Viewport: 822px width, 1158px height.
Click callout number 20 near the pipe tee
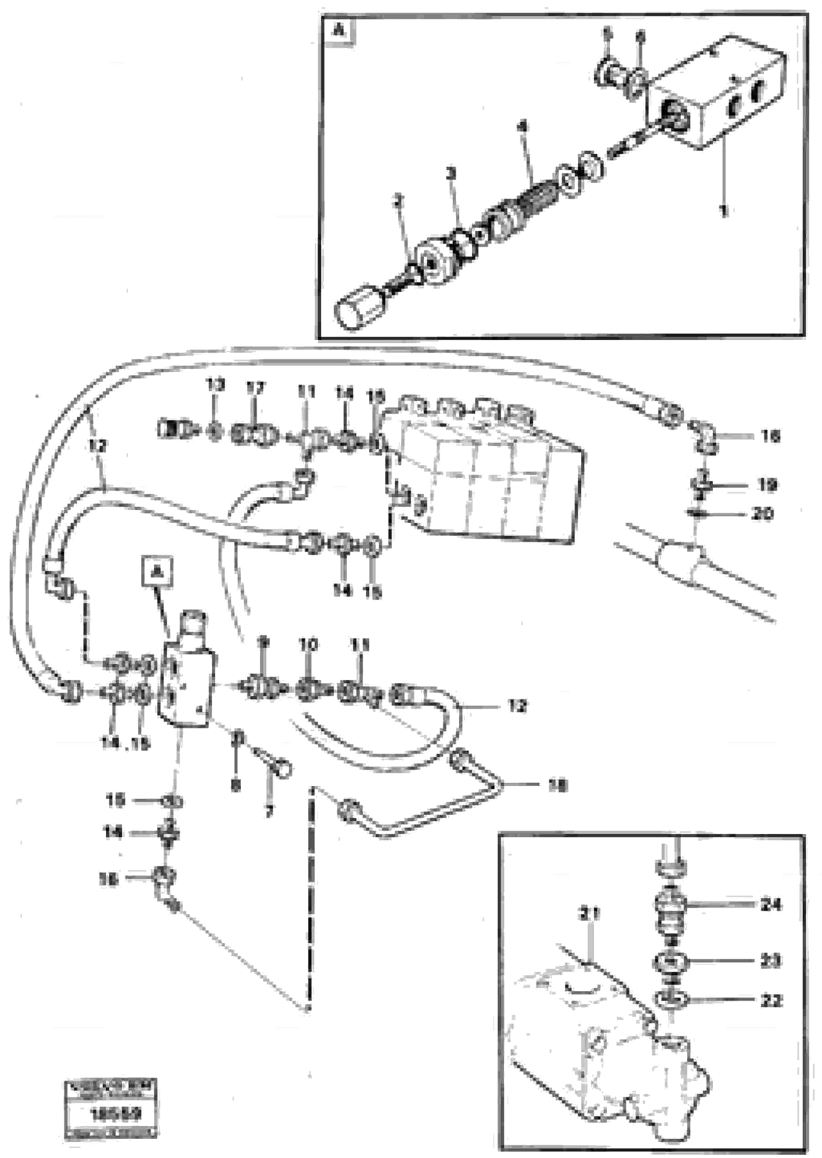point(762,515)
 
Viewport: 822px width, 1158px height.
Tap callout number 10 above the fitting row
point(308,645)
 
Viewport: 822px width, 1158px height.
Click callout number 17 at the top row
point(255,389)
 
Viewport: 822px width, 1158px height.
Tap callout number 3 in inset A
point(451,174)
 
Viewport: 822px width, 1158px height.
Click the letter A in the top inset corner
point(338,32)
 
